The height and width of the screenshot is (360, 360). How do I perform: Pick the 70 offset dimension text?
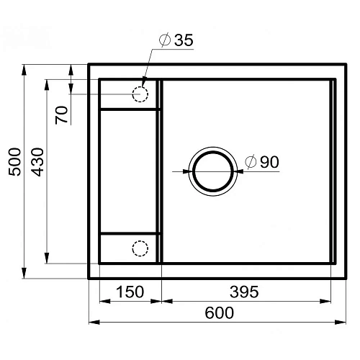point(61,114)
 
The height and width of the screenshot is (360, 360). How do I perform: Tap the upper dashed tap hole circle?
point(140,94)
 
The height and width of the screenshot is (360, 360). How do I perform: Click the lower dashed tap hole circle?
point(140,248)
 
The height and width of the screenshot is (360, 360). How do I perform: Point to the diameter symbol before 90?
point(250,163)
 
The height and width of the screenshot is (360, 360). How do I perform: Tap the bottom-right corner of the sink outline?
point(345,278)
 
